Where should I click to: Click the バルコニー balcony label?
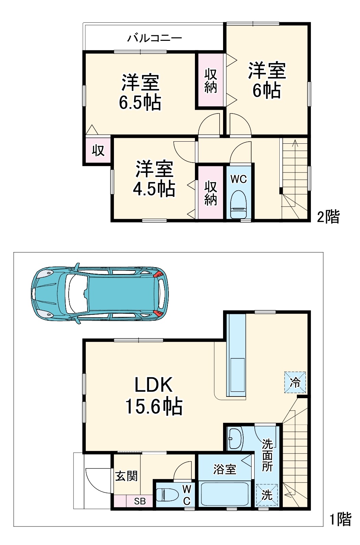pos(154,38)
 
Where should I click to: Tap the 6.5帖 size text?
pos(140,102)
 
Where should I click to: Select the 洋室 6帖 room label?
pos(267,80)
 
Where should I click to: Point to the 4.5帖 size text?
pos(154,189)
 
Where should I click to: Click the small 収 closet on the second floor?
pos(98,150)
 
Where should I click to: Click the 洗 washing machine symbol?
pos(267,495)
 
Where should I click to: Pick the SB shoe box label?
pos(140,501)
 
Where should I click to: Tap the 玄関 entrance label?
pos(126,476)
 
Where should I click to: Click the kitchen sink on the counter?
pos(237,375)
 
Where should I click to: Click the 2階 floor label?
pos(328,216)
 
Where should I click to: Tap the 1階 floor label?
pos(340,519)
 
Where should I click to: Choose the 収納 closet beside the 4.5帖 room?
pos(210,193)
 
